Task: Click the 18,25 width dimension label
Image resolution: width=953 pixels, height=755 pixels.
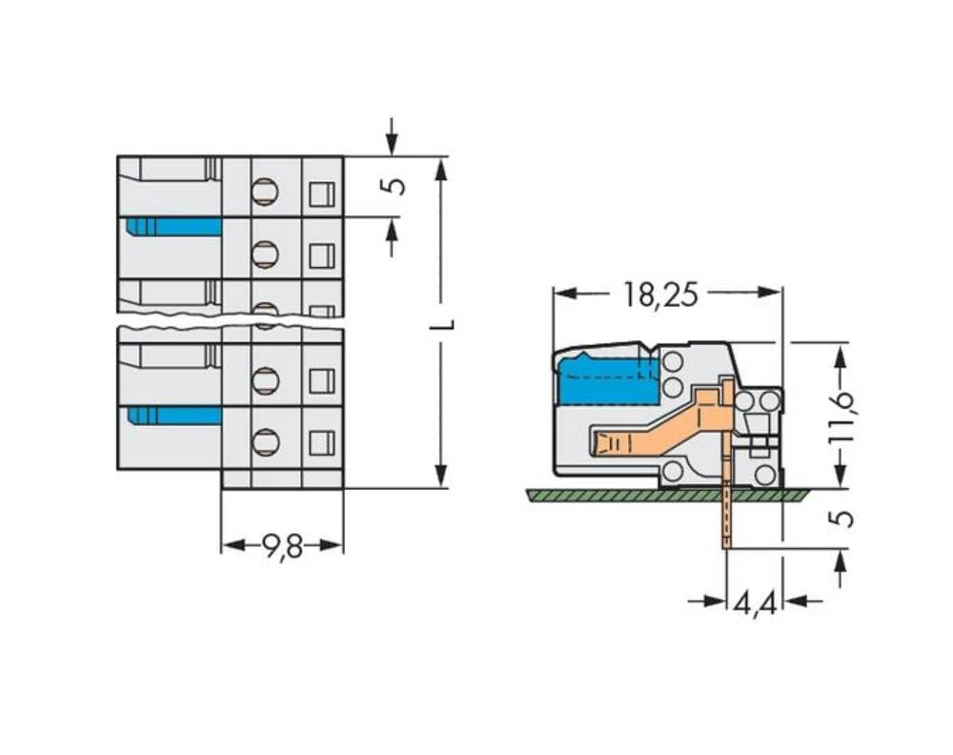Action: pyautogui.click(x=660, y=295)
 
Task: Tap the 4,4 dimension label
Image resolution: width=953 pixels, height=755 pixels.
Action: pyautogui.click(x=754, y=602)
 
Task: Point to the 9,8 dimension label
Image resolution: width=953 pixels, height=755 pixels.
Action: pyautogui.click(x=281, y=546)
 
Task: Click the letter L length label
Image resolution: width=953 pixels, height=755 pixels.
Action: pyautogui.click(x=441, y=324)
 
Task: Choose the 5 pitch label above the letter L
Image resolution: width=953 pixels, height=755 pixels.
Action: pyautogui.click(x=393, y=185)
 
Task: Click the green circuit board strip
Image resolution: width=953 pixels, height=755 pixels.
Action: pyautogui.click(x=667, y=495)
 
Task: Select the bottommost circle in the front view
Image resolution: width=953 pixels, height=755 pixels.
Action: pyautogui.click(x=265, y=441)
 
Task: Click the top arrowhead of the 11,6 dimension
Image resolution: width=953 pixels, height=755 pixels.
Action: pyautogui.click(x=840, y=356)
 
